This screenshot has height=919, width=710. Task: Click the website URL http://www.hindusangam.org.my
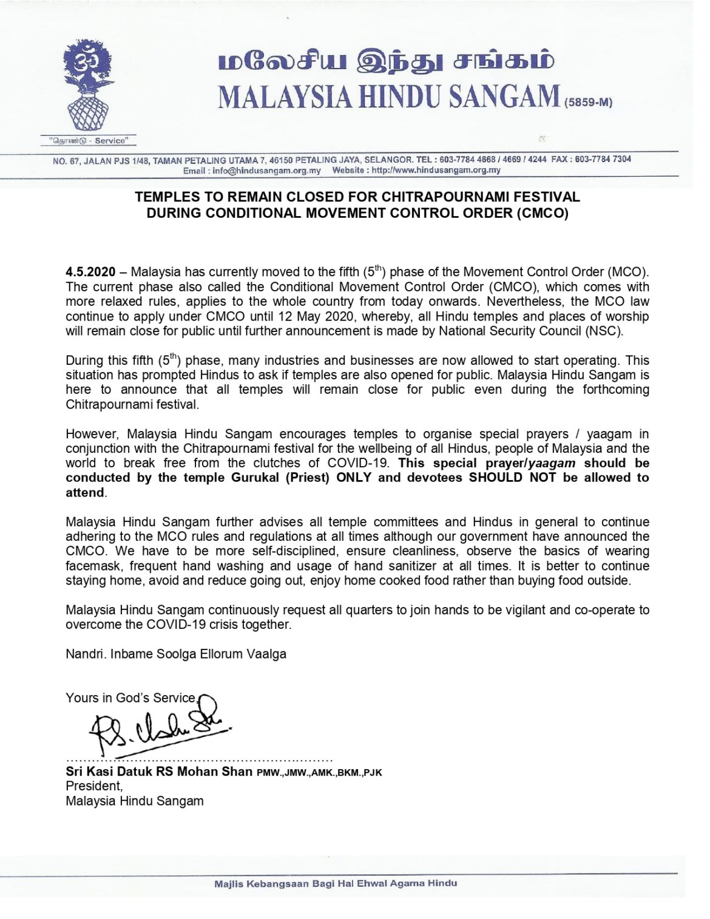436,171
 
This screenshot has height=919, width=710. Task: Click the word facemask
92,566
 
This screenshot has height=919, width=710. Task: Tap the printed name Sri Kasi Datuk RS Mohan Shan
159,771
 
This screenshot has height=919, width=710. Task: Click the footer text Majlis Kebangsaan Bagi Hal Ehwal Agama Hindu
336,883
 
